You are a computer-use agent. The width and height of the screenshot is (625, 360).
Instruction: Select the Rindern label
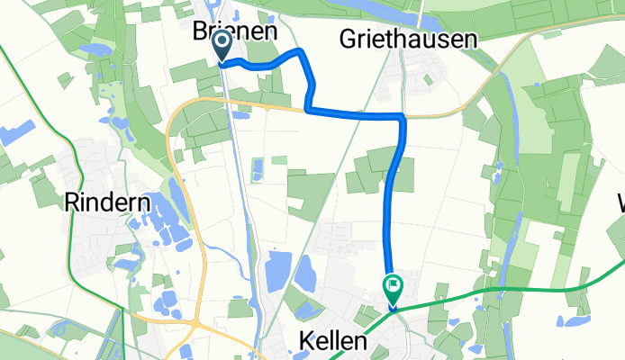pyautogui.click(x=107, y=203)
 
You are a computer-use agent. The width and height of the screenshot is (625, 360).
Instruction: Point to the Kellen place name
pyautogui.click(x=332, y=342)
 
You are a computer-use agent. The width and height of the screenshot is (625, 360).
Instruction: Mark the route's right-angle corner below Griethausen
pyautogui.click(x=403, y=118)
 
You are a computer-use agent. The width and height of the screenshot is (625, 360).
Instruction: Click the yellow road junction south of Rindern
pyautogui.click(x=195, y=321)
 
